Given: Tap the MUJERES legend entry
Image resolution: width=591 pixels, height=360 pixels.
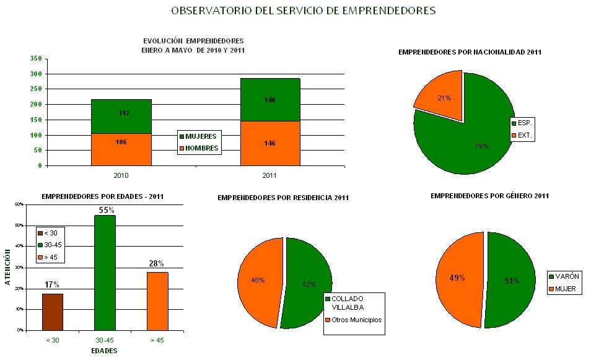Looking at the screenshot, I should coord(198,136).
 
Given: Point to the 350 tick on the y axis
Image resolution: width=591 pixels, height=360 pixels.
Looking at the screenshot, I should coord(35,58).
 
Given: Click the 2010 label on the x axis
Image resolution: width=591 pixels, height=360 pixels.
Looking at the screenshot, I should coord(121,176).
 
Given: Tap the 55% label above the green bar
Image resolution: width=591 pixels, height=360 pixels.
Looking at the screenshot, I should coord(105,211).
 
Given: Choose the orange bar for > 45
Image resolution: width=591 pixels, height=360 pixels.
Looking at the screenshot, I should coord(157,301).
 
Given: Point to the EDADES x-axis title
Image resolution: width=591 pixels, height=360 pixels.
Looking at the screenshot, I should coord(105,351).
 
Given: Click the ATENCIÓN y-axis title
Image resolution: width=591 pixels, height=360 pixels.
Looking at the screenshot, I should coord(8,267).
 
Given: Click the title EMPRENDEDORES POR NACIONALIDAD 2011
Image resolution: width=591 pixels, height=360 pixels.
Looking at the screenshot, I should coord(470,53).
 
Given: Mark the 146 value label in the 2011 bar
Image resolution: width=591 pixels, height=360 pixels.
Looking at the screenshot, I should coord(269,143).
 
